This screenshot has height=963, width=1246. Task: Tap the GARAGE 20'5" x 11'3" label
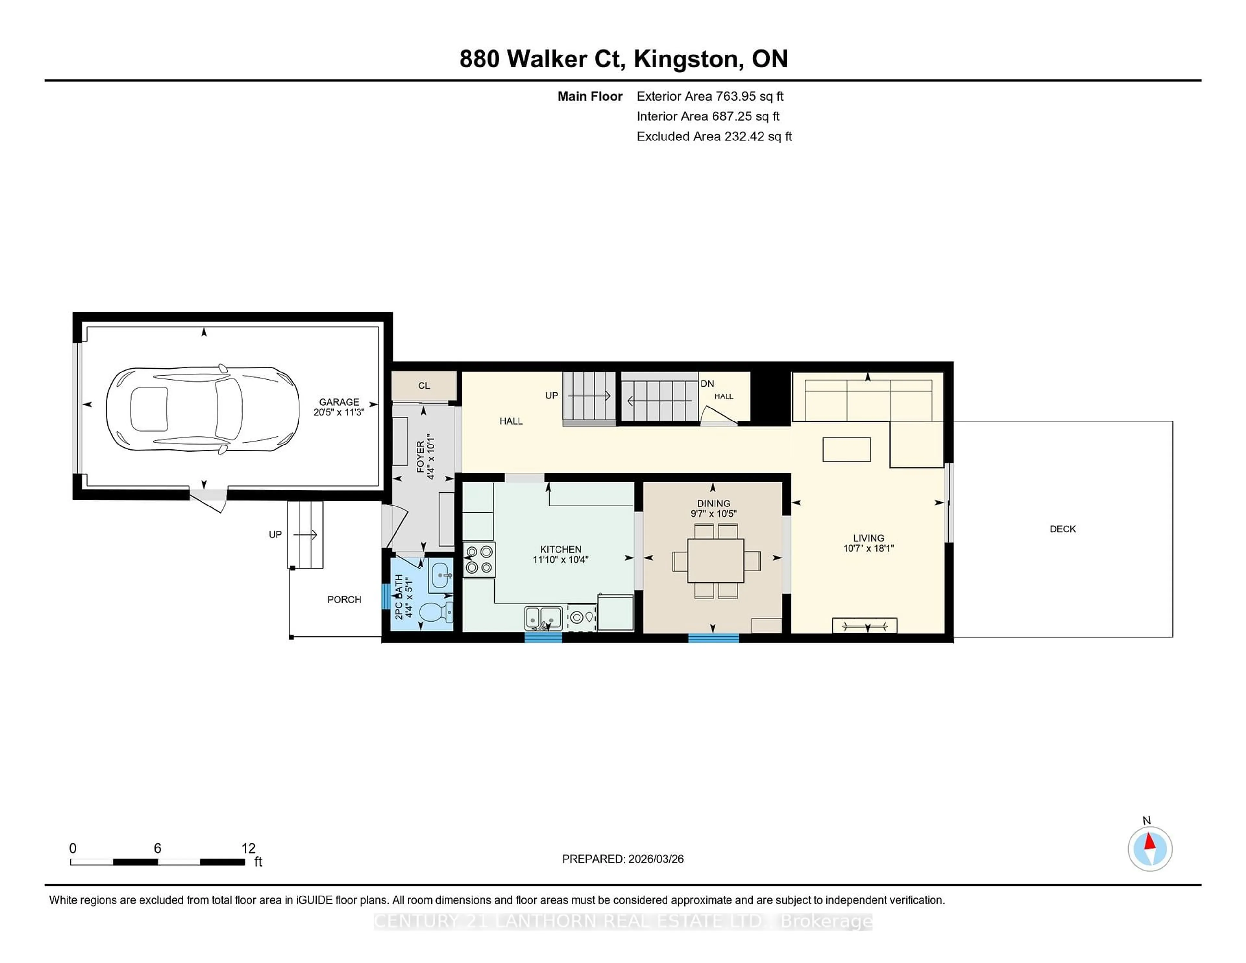pos(339,407)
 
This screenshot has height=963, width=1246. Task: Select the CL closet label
pos(424,386)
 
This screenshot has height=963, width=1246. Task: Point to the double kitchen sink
pos(543,618)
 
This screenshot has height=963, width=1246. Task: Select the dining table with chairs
pos(715,560)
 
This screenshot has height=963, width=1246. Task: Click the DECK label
pos(1062,529)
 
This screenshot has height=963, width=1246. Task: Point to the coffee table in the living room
pos(846,450)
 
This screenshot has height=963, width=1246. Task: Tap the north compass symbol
pos(1150,849)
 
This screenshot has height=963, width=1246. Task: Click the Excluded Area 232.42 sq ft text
pos(714,136)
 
